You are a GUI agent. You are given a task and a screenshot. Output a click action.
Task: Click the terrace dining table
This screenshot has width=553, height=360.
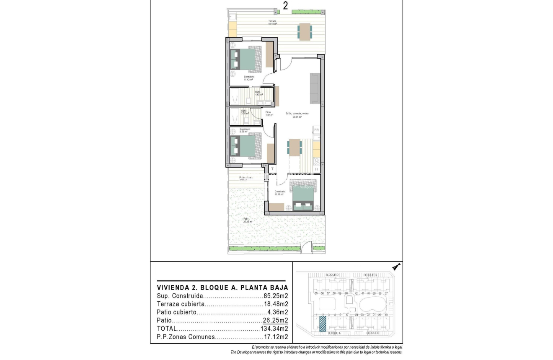[305, 31]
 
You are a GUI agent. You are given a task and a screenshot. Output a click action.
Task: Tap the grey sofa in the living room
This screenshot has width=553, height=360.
[315, 88]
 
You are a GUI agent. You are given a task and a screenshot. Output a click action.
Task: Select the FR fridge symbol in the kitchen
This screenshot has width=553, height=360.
[317, 130]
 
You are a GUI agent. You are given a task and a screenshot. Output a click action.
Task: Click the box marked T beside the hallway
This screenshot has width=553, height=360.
[272, 169]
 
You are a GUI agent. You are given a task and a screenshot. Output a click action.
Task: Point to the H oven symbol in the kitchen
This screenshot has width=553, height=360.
[317, 169]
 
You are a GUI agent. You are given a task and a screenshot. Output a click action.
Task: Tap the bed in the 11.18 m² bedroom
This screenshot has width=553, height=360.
[302, 195]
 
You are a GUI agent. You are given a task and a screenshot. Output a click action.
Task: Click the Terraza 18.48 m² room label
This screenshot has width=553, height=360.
[273, 22]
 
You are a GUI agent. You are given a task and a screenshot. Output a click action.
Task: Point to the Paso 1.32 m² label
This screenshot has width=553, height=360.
[268, 114]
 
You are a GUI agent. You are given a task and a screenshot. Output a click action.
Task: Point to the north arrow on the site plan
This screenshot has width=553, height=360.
[396, 266]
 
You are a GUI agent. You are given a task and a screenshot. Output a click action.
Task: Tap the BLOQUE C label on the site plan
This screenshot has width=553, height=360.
[370, 275]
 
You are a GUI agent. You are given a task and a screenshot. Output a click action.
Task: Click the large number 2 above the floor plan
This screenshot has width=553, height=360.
[285, 6]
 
